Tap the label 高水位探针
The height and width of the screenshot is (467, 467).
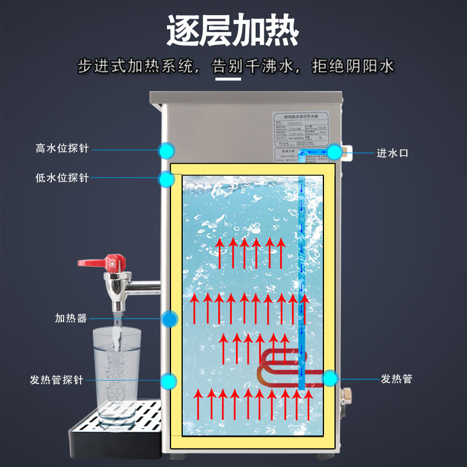tap(62, 149)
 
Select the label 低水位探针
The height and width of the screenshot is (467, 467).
tap(62, 177)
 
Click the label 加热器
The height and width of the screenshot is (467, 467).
tap(71, 318)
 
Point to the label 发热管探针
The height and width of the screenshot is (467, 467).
tap(57, 380)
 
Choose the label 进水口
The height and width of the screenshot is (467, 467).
tap(392, 153)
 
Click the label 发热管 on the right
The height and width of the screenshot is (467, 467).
tap(396, 379)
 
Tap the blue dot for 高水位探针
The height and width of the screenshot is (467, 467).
tap(167, 150)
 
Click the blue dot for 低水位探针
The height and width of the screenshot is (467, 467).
tap(167, 179)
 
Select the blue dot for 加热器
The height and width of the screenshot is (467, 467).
tap(169, 319)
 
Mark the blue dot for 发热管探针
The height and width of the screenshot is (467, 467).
tap(169, 381)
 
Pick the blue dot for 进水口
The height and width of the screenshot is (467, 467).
tap(334, 152)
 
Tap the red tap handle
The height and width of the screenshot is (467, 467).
tap(114, 260)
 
